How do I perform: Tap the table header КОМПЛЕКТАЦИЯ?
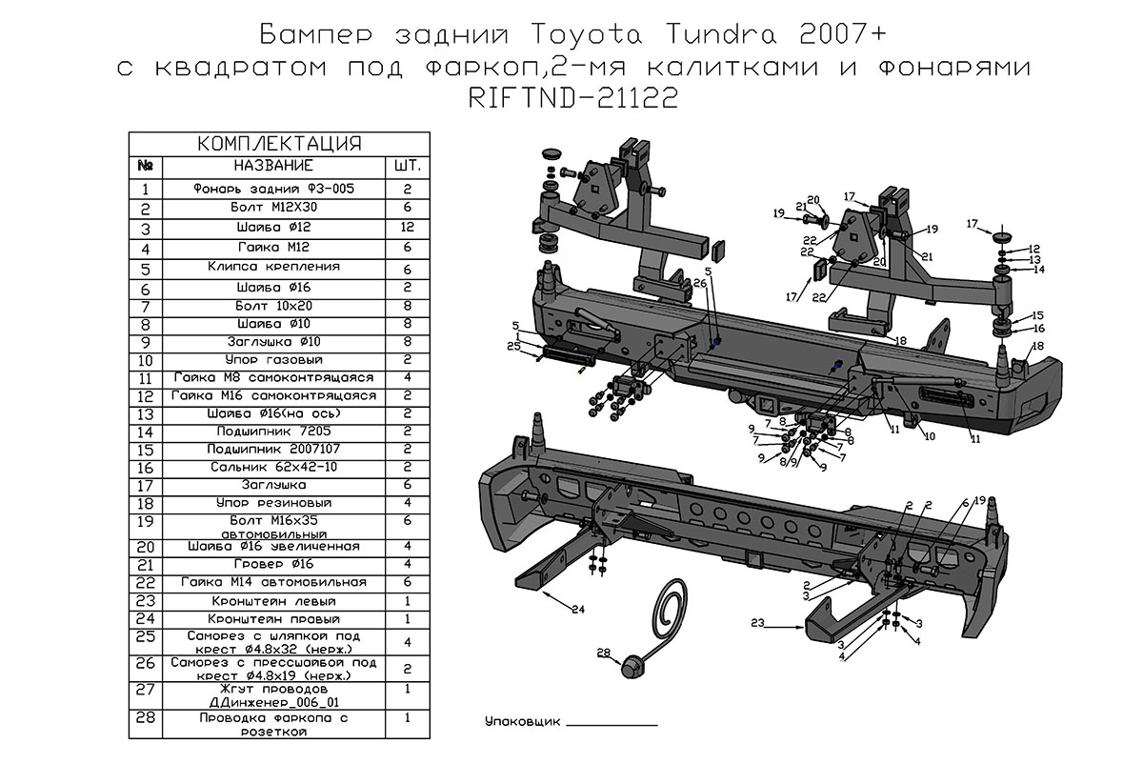click(278, 144)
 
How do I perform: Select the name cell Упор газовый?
click(272, 360)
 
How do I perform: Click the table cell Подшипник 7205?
click(272, 431)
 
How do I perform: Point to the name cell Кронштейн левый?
click(272, 602)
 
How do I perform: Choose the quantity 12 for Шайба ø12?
click(407, 229)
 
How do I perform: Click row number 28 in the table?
click(145, 719)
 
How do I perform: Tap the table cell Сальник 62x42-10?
click(272, 468)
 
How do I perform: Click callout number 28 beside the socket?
click(602, 653)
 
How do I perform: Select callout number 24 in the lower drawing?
click(578, 608)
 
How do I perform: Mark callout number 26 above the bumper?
click(699, 283)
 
